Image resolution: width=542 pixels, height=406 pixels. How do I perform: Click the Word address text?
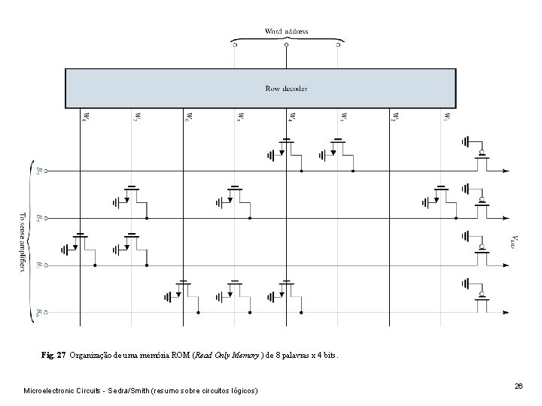286,32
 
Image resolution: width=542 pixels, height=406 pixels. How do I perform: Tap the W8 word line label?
84,117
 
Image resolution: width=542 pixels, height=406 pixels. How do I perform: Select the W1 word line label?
446,117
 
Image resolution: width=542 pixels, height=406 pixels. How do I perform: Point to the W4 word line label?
291,117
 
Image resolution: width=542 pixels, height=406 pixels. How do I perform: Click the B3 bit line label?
39,171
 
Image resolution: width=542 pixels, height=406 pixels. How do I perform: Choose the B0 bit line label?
39,311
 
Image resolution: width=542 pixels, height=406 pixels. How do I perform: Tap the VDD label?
514,241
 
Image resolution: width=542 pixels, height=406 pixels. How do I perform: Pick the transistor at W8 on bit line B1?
82,242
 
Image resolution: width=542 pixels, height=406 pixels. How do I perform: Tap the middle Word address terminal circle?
286,45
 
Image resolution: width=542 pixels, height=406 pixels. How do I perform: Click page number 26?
518,386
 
